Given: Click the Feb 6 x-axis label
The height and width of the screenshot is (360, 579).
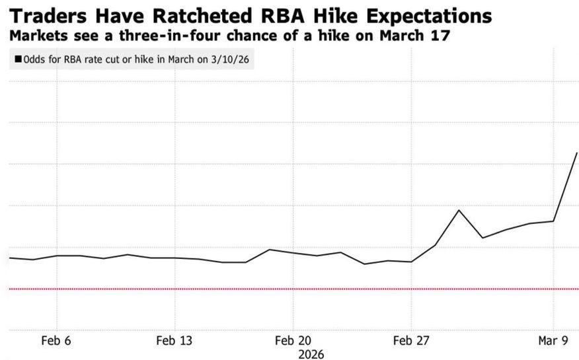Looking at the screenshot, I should tap(56, 341).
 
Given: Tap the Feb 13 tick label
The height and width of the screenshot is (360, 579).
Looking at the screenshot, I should tap(174, 341).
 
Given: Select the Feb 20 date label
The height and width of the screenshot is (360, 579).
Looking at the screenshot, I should tap(292, 341).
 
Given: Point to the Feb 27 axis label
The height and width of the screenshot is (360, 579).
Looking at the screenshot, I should tap(411, 341).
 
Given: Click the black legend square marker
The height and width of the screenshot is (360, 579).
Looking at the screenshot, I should tap(17, 59).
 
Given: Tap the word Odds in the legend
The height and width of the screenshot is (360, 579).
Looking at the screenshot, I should tap(34, 59).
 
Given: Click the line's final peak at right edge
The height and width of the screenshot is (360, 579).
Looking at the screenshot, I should tap(577, 153).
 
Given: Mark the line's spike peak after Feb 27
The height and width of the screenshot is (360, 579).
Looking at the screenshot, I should tap(459, 210).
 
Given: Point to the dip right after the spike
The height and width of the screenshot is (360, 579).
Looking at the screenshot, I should tap(482, 238).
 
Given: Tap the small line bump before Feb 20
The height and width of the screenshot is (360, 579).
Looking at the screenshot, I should tap(269, 249).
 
